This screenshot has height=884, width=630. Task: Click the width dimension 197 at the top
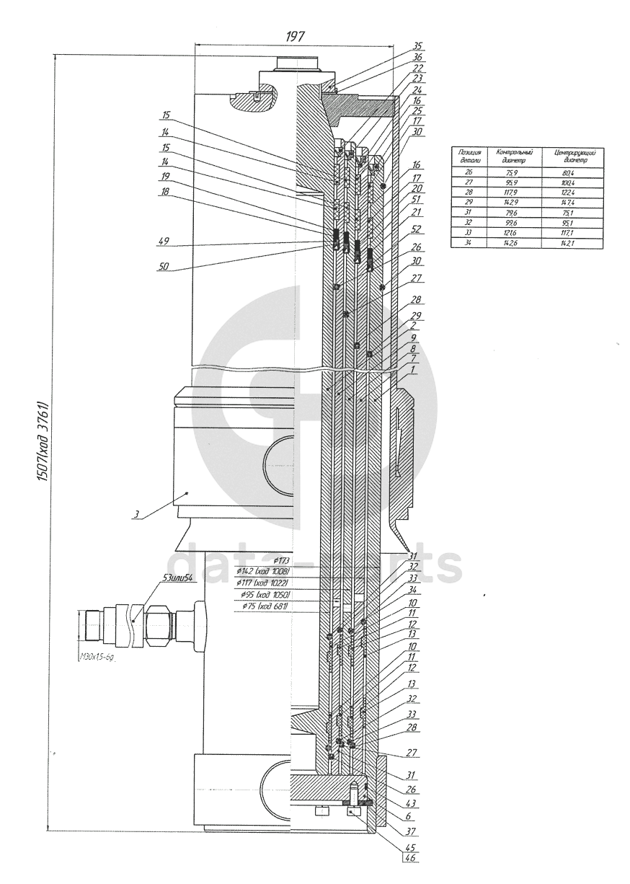(295, 37)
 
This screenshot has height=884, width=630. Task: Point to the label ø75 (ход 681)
(266, 607)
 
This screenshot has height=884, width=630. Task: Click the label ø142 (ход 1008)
(265, 572)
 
